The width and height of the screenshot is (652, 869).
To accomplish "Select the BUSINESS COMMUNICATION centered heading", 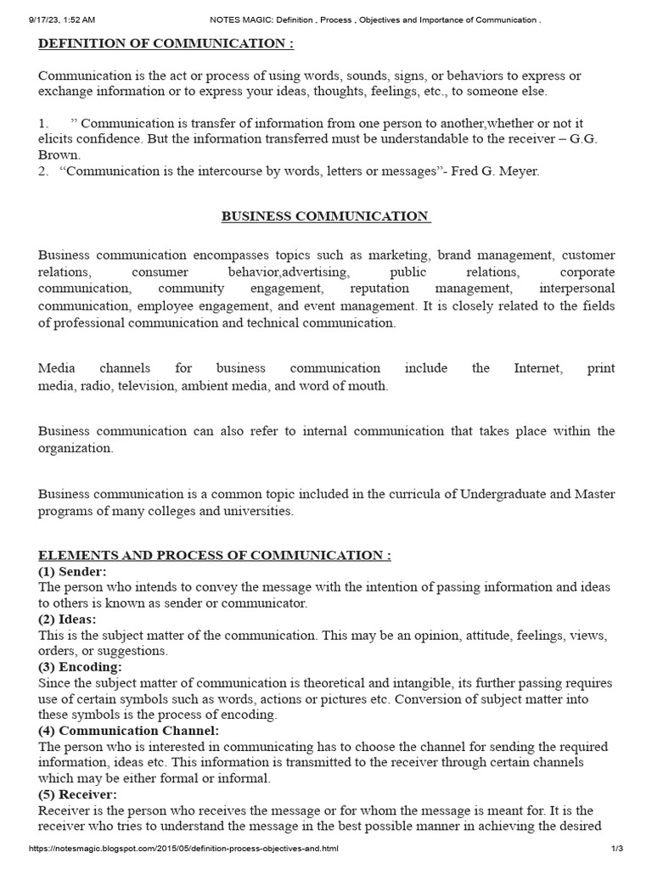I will [x=326, y=216].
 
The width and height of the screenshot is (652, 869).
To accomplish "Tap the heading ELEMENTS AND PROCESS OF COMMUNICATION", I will [x=215, y=555].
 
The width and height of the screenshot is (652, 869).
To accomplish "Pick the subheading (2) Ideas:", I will [x=67, y=619].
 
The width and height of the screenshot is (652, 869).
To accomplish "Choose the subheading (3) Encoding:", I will [x=77, y=667].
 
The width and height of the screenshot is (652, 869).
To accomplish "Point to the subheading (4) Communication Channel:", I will [x=128, y=731].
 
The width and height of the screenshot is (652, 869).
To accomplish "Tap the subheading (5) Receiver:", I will [x=77, y=794].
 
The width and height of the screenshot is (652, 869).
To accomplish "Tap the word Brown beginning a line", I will [x=59, y=155].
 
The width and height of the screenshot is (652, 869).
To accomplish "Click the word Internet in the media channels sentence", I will [x=537, y=368].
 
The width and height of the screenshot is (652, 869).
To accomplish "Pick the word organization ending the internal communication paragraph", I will [x=75, y=448].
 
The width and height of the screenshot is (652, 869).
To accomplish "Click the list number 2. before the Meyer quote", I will [x=43, y=171].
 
